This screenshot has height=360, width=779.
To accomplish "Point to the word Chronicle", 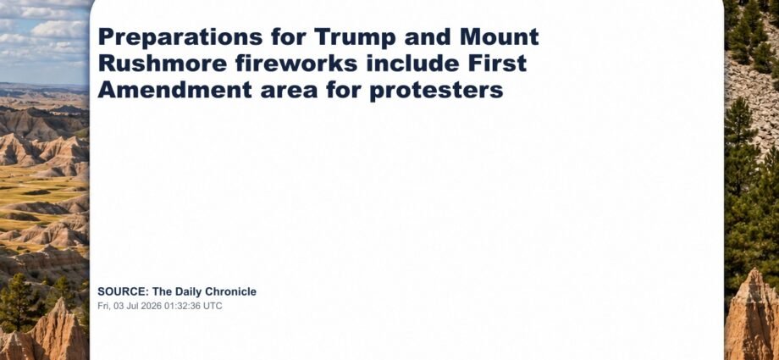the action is [x=231, y=292].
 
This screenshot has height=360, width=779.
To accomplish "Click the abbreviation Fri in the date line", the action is [x=103, y=307].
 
